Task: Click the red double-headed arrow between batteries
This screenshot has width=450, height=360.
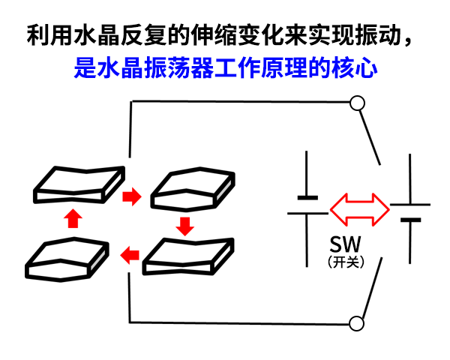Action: coord(360,209)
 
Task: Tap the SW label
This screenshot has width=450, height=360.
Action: coord(346,244)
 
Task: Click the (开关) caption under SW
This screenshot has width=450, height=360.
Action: coord(346,262)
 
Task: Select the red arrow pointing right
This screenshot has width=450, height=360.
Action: coord(131,197)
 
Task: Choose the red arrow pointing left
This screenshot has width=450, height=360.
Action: coord(130,254)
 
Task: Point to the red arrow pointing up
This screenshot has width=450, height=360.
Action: coord(73,218)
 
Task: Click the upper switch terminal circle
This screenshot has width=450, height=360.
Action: coord(358,103)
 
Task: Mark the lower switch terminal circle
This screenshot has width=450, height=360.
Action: coord(358,323)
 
